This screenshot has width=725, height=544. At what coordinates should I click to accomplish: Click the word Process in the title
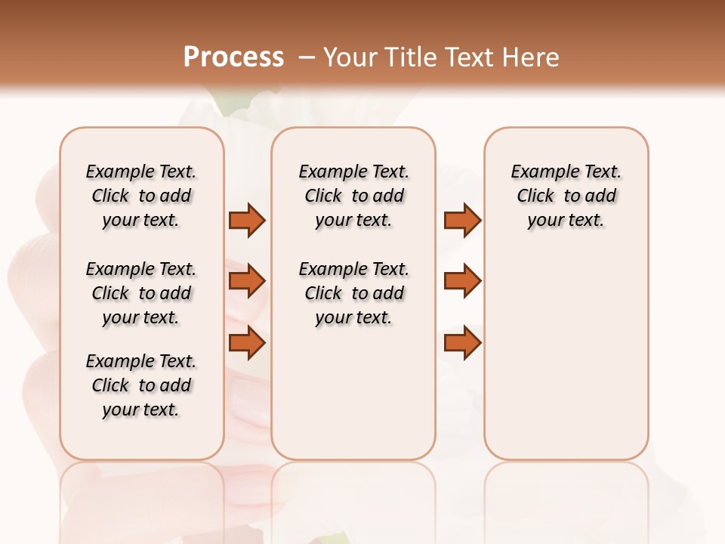point(233,57)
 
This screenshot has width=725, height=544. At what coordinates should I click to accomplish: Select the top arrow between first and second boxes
point(247,221)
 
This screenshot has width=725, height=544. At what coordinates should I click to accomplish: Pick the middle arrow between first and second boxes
point(247,281)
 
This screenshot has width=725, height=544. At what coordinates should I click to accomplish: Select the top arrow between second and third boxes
point(462,221)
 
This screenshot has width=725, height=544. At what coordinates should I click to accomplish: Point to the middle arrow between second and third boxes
point(462,281)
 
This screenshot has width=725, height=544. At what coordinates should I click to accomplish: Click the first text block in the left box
point(141,196)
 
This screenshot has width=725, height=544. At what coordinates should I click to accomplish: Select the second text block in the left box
point(141,293)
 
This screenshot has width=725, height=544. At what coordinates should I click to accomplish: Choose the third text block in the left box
point(141,385)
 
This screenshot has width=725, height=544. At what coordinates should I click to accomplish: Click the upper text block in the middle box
point(353,196)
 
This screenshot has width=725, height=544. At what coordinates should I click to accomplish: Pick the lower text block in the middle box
point(353,293)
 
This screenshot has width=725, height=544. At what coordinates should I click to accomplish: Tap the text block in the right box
point(566,196)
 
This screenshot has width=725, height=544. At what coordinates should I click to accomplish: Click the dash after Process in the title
point(306,57)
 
